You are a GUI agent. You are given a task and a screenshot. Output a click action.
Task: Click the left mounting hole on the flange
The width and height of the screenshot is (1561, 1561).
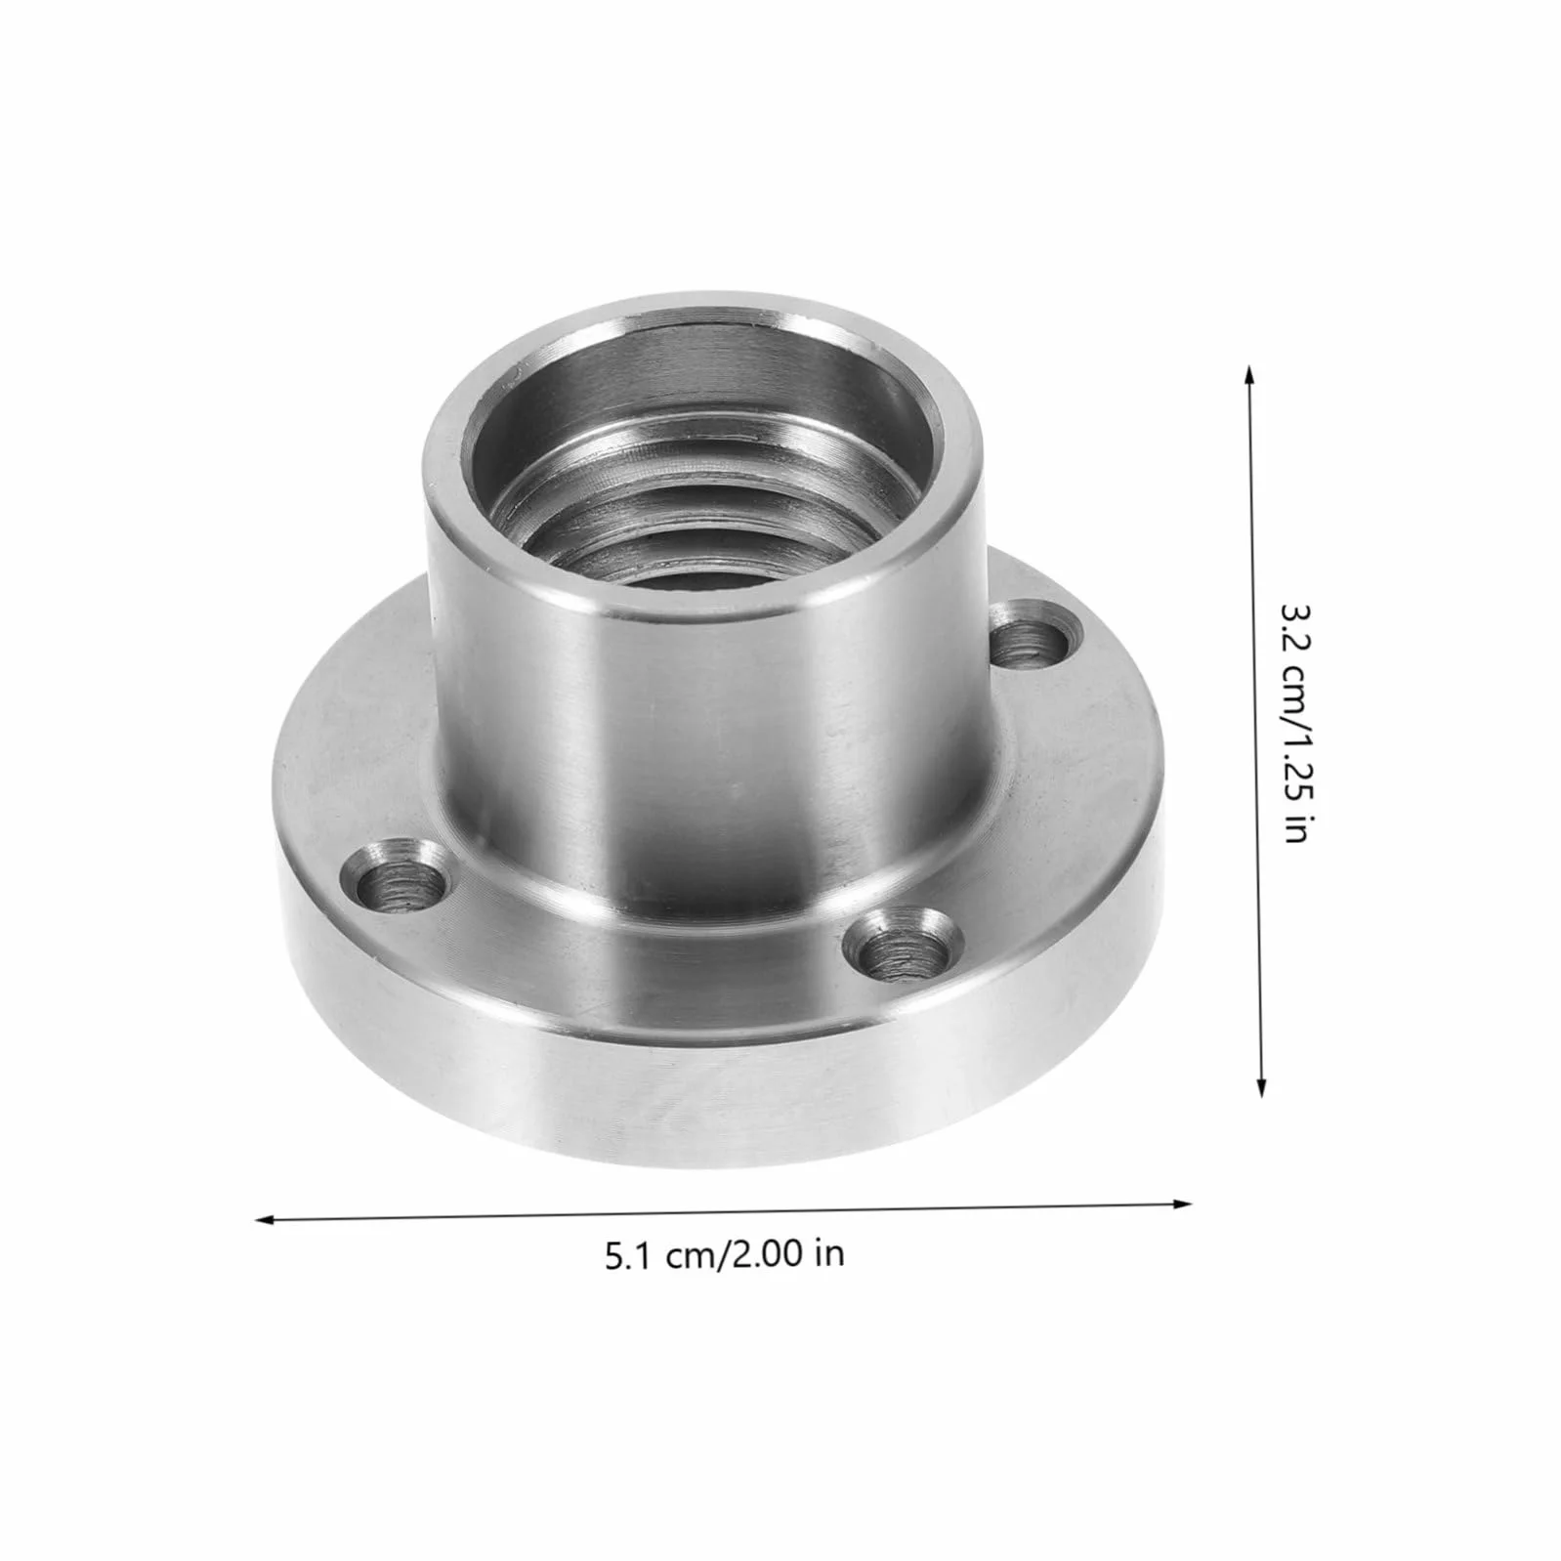tap(396, 880)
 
